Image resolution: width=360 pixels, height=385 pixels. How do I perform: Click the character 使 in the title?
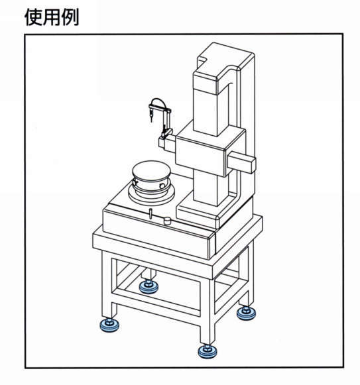pyautogui.click(x=34, y=17)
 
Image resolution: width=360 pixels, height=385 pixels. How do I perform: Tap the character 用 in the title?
pyautogui.click(x=52, y=17)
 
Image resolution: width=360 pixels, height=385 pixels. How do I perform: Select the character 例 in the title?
pyautogui.click(x=70, y=17)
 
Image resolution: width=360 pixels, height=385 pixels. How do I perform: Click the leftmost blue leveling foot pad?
pyautogui.click(x=109, y=325)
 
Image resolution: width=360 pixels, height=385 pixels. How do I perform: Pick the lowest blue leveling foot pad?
pyautogui.click(x=208, y=351)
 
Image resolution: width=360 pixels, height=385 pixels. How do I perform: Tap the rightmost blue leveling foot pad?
pyautogui.click(x=246, y=313)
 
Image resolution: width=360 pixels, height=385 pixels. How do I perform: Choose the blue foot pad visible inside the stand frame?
pyautogui.click(x=149, y=286)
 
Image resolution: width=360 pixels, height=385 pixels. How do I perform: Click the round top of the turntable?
pyautogui.click(x=151, y=170)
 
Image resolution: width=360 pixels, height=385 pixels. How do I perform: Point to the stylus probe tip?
pyautogui.click(x=151, y=121)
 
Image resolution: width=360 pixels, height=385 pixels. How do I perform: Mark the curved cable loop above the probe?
pyautogui.click(x=157, y=99)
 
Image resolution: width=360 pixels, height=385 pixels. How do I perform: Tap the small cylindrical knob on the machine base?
pyautogui.click(x=167, y=221)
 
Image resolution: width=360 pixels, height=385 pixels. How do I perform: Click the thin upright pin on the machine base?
pyautogui.click(x=150, y=213)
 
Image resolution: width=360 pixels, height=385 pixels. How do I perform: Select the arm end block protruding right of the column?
pyautogui.click(x=242, y=162)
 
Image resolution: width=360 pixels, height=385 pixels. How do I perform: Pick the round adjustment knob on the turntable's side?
pyautogui.click(x=162, y=186)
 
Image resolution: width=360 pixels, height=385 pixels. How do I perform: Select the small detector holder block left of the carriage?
pyautogui.click(x=167, y=143)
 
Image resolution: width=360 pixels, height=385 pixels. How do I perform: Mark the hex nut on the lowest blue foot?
pyautogui.click(x=208, y=347)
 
